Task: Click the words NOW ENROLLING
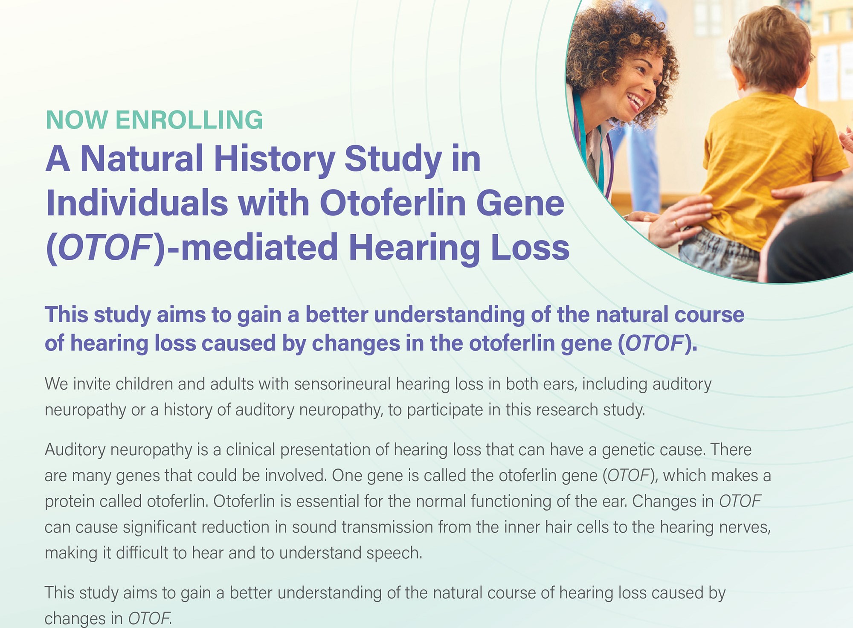click(154, 120)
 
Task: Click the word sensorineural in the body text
click(342, 384)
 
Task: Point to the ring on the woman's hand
click(675, 223)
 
